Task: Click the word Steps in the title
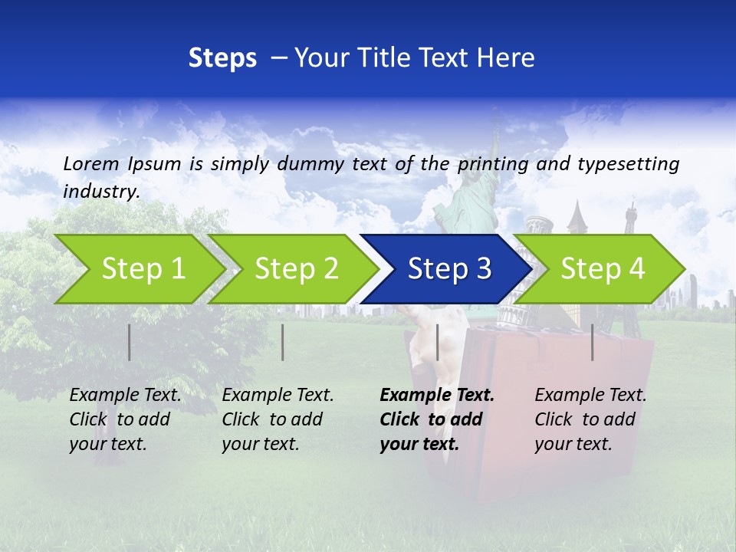222,58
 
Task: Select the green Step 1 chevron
138,269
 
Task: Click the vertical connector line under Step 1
130,342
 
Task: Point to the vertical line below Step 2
283,342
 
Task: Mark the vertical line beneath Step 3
437,342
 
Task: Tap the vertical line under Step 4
593,342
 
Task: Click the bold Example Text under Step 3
437,396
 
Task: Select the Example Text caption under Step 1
125,396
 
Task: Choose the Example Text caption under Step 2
278,396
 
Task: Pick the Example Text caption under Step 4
590,396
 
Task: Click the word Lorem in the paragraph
91,163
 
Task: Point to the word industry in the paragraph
100,191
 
